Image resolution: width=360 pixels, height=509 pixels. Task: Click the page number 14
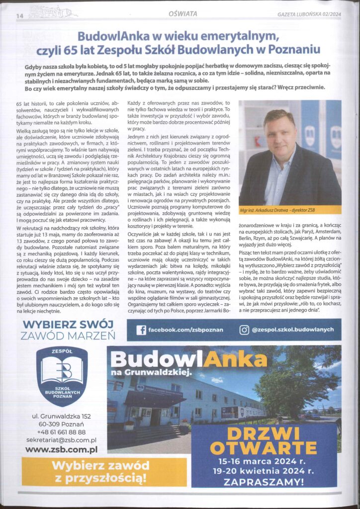pos(20,15)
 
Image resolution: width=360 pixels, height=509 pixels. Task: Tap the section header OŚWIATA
pos(182,13)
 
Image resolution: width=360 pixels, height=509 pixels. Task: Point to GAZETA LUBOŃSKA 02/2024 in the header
pos(309,14)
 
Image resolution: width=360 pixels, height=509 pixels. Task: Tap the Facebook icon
pos(141,330)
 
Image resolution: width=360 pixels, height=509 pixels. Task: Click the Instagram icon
pos(244,330)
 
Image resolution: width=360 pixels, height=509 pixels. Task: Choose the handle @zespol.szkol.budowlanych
pos(292,330)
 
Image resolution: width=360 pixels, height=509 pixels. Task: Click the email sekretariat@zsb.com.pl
pos(61,440)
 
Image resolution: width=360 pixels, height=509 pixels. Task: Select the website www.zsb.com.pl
pos(61,449)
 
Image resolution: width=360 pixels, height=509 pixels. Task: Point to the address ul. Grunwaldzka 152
pos(61,415)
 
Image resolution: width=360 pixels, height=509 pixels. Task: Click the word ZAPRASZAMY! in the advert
pos(264,481)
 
